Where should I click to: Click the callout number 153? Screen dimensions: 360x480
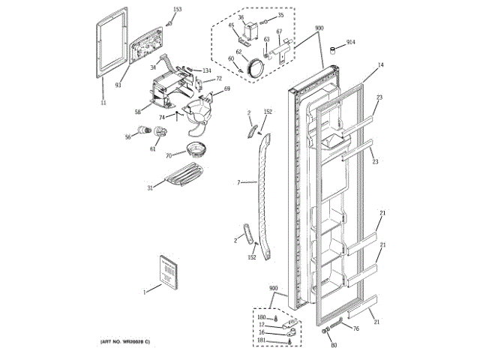point(177,10)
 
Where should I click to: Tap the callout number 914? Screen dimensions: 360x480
point(351,43)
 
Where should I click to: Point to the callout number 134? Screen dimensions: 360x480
point(206,70)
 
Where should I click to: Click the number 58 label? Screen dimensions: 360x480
point(138,112)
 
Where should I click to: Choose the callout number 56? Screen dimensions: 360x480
point(128,136)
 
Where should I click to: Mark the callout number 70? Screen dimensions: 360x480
point(169,155)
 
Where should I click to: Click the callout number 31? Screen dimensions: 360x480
point(150,187)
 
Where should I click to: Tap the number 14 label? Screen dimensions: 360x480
point(380,66)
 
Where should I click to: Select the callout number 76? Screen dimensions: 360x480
point(356,328)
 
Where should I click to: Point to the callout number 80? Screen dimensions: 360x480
point(334,346)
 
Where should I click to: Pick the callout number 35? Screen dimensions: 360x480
point(280,15)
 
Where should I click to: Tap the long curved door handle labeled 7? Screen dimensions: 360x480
point(263,187)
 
